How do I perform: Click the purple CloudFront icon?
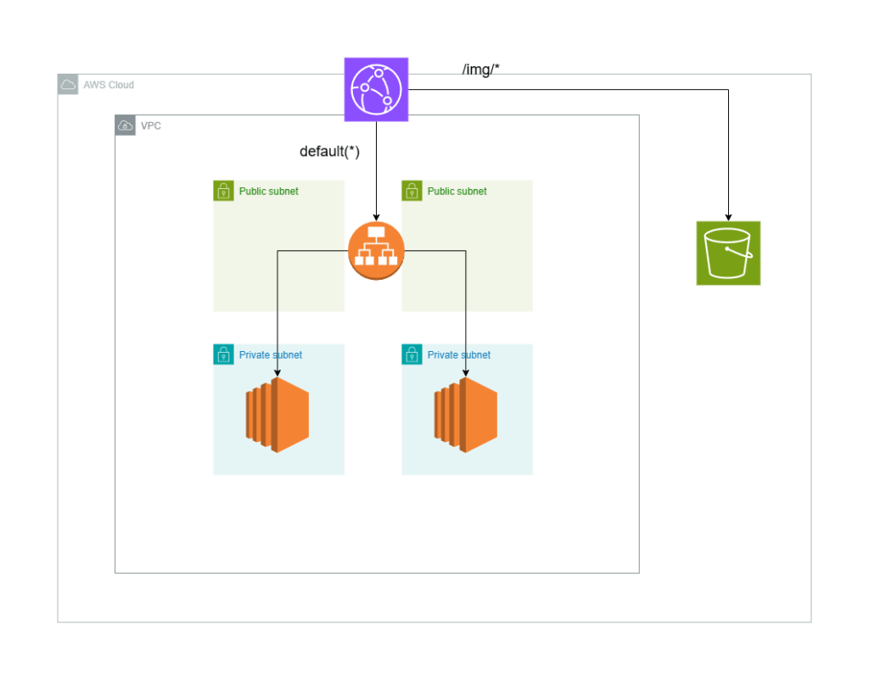(x=376, y=89)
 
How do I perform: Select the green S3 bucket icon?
(x=728, y=253)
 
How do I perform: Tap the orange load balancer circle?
(x=376, y=251)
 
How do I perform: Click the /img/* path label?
(x=481, y=70)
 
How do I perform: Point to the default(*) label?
(x=330, y=152)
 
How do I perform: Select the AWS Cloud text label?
(x=109, y=85)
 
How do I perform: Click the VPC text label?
(x=151, y=125)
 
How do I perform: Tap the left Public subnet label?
(x=268, y=192)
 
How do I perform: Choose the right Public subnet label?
(x=457, y=192)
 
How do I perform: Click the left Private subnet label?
(x=270, y=355)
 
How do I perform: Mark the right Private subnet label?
(x=458, y=355)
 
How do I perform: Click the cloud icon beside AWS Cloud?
(x=68, y=85)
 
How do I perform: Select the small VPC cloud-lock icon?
(x=126, y=125)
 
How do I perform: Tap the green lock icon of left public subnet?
(x=223, y=191)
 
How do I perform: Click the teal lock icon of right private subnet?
(x=412, y=354)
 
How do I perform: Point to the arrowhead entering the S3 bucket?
(x=728, y=216)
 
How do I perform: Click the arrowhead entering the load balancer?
(x=376, y=217)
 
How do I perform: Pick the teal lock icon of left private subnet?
(x=223, y=354)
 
